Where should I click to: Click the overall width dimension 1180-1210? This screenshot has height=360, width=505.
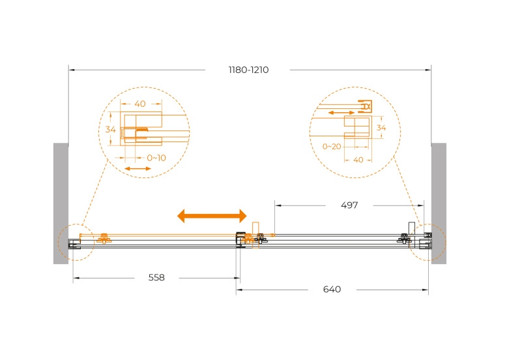click(x=248, y=70)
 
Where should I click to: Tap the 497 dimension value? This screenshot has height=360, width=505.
click(x=349, y=205)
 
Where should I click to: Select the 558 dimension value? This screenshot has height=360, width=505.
click(x=156, y=277)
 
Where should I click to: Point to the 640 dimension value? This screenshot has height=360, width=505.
click(x=332, y=290)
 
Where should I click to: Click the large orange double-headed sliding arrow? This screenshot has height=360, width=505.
click(x=212, y=216)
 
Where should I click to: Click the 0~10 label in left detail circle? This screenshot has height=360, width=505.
click(x=156, y=158)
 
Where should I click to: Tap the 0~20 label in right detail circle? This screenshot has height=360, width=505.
click(x=332, y=147)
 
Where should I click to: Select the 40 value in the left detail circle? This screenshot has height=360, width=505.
click(x=140, y=104)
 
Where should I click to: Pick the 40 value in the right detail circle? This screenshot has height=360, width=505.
click(x=358, y=160)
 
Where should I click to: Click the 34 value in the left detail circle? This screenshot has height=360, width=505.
click(x=111, y=130)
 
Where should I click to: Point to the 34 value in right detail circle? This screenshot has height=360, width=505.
click(x=381, y=128)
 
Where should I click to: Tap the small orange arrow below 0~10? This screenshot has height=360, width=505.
click(x=137, y=168)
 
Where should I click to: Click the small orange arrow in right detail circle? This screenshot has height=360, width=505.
click(x=341, y=113)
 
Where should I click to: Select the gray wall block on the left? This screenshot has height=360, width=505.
click(x=61, y=203)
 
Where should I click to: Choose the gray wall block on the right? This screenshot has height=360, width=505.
click(x=439, y=203)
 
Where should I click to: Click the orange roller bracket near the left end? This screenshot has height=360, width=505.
click(x=104, y=239)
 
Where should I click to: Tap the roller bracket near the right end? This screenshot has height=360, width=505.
click(x=404, y=239)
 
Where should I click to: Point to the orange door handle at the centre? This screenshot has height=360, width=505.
click(x=255, y=235)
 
